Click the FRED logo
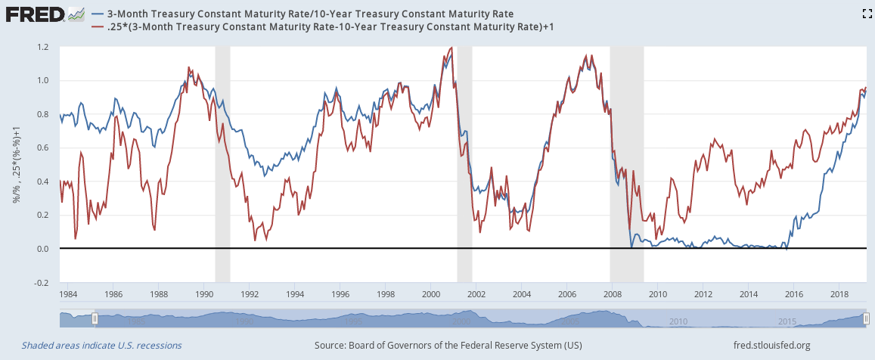pos(35,14)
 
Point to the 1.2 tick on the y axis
pos(43,47)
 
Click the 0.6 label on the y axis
pos(43,148)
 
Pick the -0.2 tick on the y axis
pos(42,283)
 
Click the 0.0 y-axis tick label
pos(43,249)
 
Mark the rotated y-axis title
pos(14,164)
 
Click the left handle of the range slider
pos(94,319)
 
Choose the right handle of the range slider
pos(867,319)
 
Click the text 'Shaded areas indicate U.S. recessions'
pos(101,346)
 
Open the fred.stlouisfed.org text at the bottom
pos(771,346)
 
